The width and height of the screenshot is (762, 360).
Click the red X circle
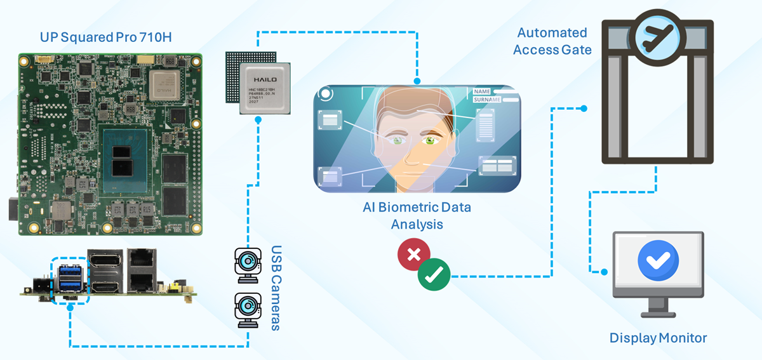point(413,255)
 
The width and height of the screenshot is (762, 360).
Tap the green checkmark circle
point(434,274)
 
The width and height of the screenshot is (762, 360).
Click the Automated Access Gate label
point(552,41)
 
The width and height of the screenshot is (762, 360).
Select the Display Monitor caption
point(658,338)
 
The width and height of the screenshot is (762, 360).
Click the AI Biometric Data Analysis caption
point(417,216)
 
